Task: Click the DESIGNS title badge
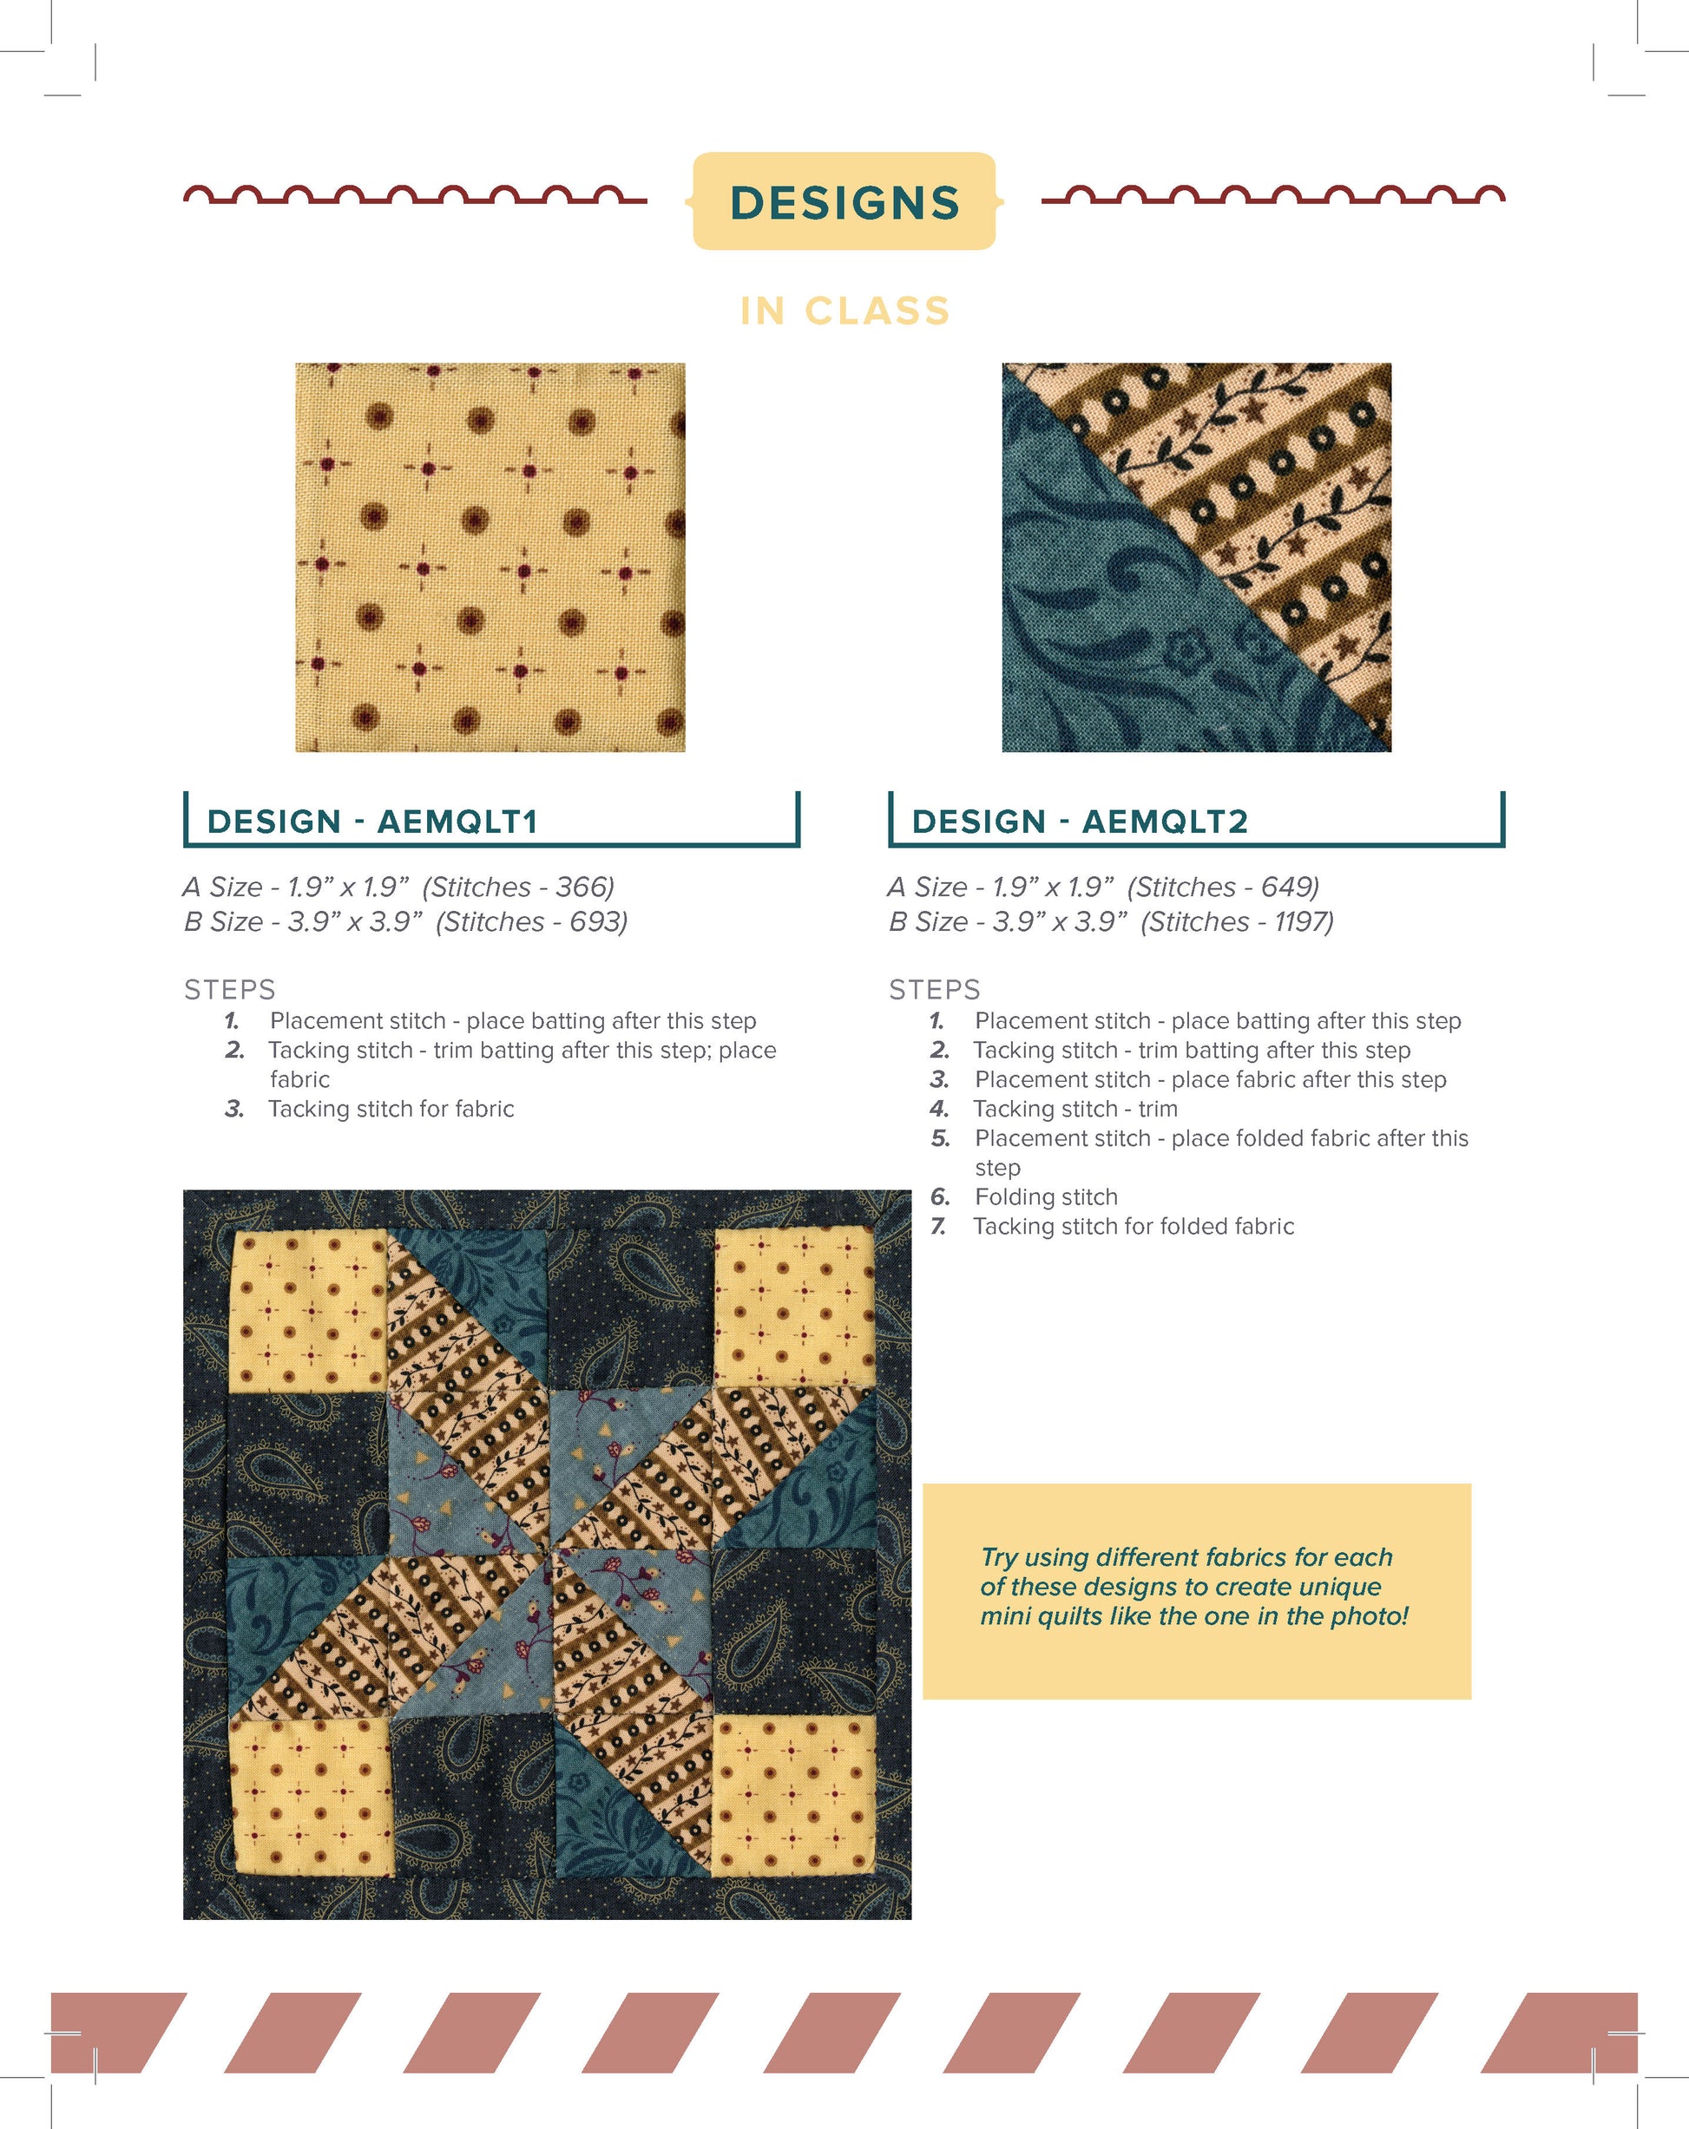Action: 844,201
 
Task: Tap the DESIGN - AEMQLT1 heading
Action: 371,821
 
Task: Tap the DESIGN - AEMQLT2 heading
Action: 1080,821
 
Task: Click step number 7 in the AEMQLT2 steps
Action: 938,1227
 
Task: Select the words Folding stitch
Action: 1046,1197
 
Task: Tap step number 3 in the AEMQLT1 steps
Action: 234,1109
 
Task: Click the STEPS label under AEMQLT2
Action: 935,989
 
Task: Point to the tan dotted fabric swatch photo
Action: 490,557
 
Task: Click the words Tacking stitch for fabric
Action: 391,1109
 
